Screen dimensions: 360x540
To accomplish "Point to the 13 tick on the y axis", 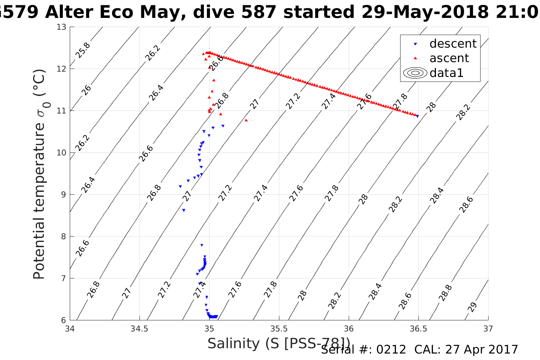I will [x=61, y=27].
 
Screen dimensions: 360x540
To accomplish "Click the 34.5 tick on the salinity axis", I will [x=139, y=328].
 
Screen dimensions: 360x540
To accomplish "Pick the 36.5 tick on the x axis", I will [x=418, y=328].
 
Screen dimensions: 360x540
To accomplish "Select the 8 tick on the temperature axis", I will [x=64, y=237].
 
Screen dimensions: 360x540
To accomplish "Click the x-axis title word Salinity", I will [x=233, y=344].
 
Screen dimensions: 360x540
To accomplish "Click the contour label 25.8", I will [x=83, y=51].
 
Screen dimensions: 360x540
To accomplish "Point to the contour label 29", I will [x=472, y=307].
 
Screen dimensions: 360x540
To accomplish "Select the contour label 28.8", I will [x=445, y=293].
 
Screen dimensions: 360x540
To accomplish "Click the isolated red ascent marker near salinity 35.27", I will [x=246, y=120].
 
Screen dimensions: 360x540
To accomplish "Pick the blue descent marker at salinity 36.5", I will [x=417, y=116].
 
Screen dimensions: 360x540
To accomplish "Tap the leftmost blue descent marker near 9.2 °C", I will [x=180, y=187].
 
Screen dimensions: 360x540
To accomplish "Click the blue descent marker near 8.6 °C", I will [x=184, y=210].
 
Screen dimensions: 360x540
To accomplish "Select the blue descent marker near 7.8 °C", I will [x=202, y=245].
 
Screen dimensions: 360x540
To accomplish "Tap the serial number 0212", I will [x=391, y=350].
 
